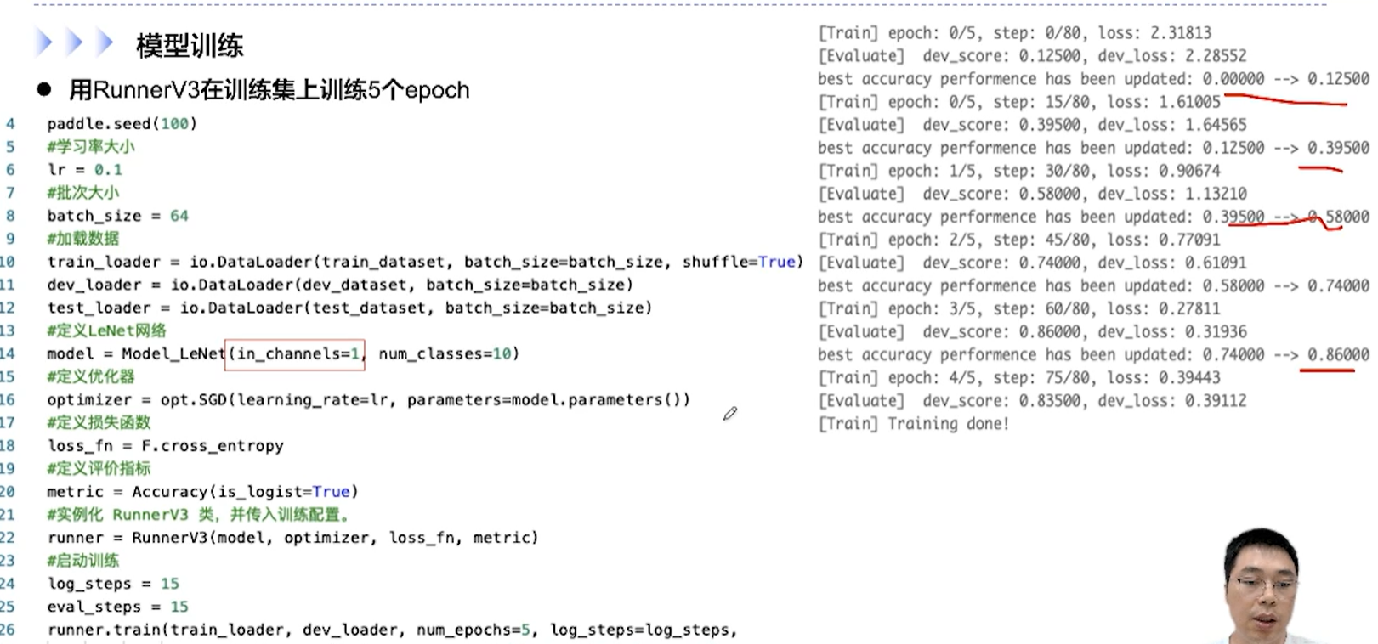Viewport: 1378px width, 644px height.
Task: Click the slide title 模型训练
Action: pos(190,45)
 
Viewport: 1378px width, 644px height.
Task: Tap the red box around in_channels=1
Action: pos(295,353)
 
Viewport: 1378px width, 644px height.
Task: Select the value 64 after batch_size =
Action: pos(179,216)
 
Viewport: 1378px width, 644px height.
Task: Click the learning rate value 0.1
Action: pos(108,170)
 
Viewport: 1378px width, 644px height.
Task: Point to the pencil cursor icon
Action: pos(729,414)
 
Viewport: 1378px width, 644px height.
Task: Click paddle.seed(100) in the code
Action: pos(122,124)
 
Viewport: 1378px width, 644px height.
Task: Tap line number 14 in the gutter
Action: pos(8,353)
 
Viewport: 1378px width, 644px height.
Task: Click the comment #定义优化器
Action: pos(91,376)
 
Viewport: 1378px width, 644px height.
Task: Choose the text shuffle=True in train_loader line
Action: pos(742,262)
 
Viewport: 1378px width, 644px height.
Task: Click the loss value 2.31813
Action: pos(1180,33)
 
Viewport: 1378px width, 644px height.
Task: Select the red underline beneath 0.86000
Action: pos(1327,370)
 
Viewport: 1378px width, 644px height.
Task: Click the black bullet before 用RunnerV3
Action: pos(44,90)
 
